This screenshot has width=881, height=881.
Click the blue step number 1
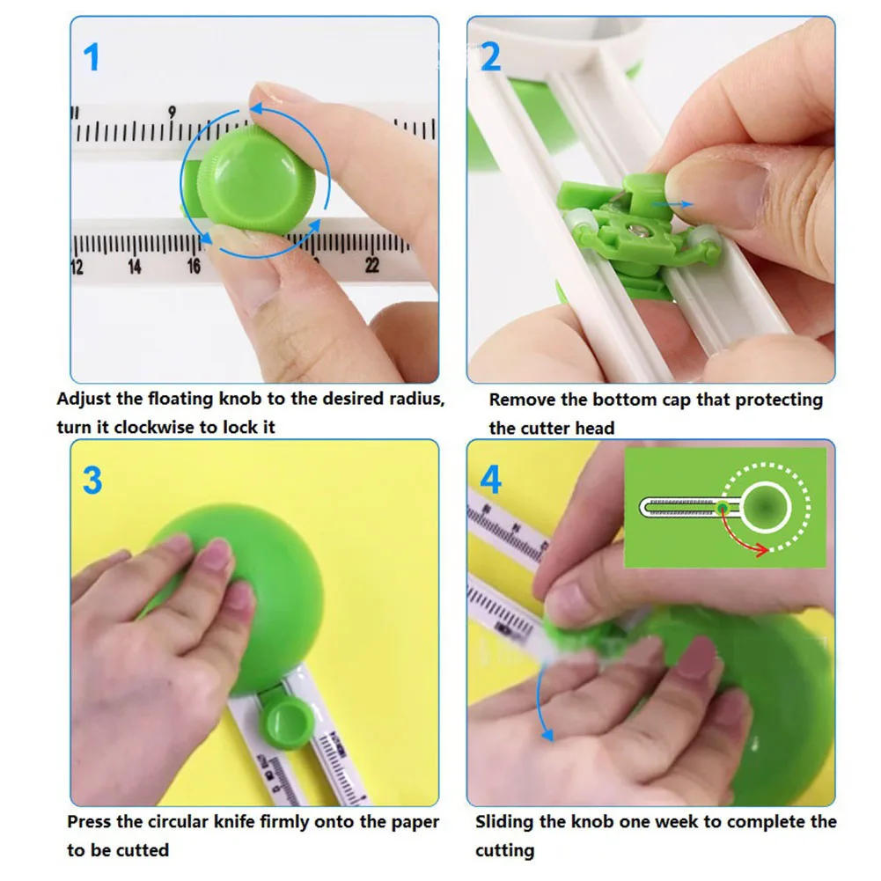[92, 57]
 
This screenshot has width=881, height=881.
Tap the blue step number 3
[92, 481]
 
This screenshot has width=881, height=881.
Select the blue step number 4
[490, 481]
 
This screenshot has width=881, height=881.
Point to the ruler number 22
[372, 265]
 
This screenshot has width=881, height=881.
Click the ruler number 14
[135, 266]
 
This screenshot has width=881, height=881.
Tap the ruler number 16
[194, 266]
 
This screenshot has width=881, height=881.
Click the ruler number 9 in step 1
[172, 113]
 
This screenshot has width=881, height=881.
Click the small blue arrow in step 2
[672, 204]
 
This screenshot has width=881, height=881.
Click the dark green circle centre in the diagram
[765, 506]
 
